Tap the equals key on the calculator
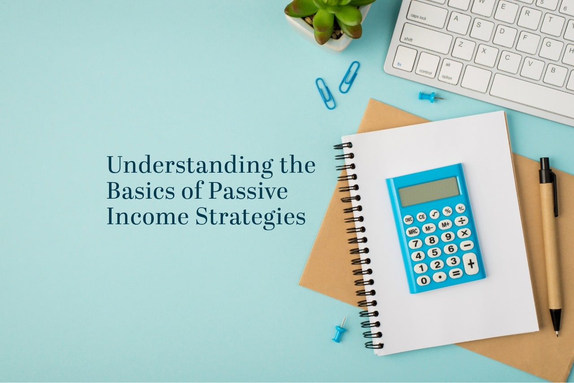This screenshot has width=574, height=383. point(456,273)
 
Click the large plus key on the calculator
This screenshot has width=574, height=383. point(470,264)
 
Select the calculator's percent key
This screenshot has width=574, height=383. point(447,211)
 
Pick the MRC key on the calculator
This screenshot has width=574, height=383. point(413,232)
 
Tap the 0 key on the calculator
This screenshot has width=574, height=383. point(423,280)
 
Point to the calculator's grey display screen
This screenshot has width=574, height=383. point(429,191)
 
